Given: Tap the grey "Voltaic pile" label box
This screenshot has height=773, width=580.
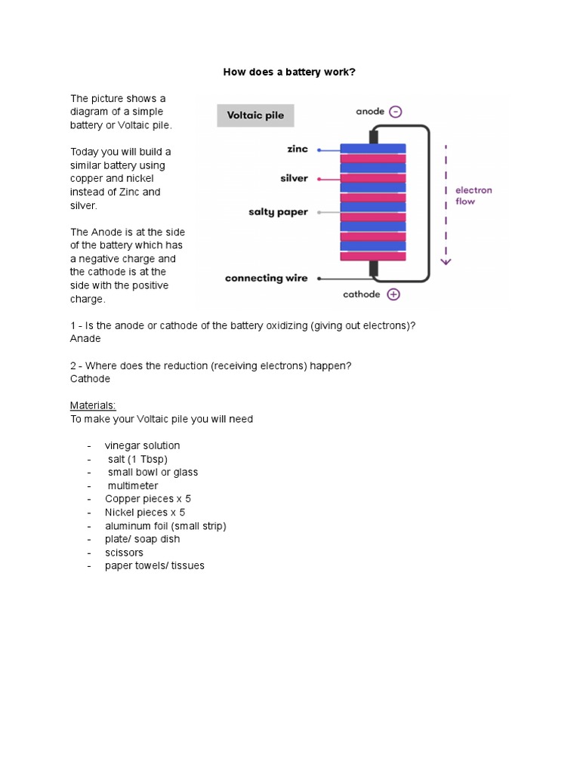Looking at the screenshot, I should tap(255, 116).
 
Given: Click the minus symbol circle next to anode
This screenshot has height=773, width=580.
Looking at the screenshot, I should tap(396, 112).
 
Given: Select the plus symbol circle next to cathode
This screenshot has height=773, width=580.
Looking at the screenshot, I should tap(393, 294).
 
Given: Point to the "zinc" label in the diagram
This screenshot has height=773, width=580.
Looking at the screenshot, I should tap(298, 149).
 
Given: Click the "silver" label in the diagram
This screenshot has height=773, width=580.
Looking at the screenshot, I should tap(294, 179).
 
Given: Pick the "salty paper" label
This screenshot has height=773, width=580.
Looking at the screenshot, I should tap(278, 212).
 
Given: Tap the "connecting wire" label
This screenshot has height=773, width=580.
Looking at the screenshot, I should tap(266, 279).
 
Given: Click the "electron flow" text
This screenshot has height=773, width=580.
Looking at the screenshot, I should tap(474, 196).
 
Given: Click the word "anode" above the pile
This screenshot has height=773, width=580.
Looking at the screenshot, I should tap(370, 112).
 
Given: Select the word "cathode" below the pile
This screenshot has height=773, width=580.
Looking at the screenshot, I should tap(362, 294).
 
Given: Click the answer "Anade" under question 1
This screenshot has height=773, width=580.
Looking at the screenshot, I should tap(85, 339).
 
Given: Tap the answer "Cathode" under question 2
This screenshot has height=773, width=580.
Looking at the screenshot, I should tap(90, 379).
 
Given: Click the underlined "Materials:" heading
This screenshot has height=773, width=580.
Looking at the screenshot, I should tap(93, 405).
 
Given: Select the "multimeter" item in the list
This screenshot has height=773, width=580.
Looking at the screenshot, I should tap(132, 486).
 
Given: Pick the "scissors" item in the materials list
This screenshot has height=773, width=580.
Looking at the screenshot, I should tap(124, 553).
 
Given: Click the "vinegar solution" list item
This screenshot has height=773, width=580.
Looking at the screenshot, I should tap(142, 446).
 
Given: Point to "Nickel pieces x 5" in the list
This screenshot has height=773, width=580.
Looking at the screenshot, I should tap(144, 513).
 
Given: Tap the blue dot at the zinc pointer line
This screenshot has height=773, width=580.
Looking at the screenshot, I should tap(319, 150).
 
